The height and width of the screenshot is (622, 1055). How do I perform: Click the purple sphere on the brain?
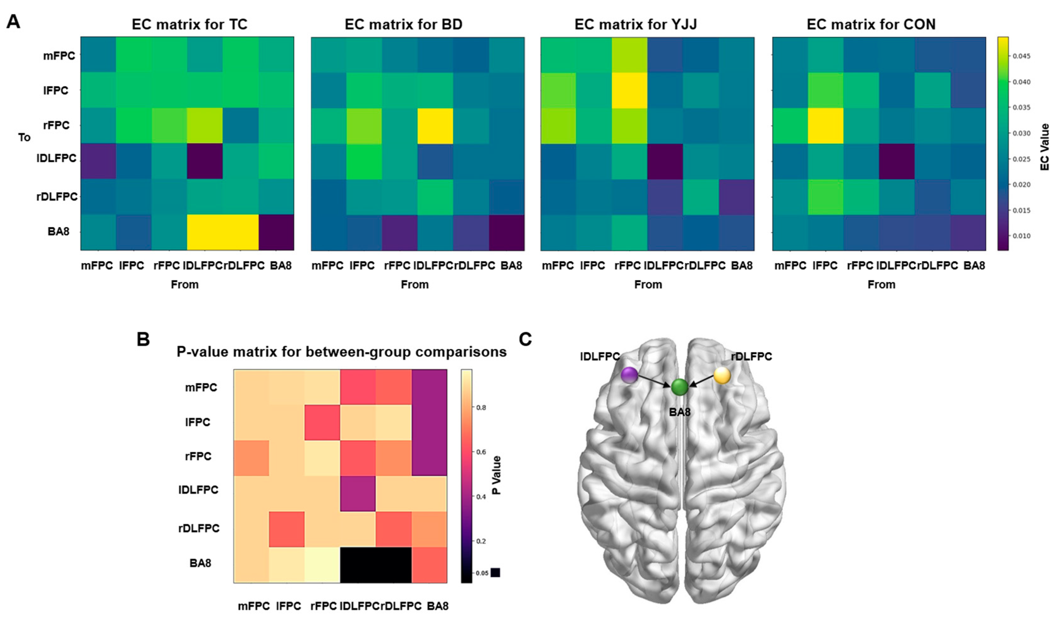[629, 375]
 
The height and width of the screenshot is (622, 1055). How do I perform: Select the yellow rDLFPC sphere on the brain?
[722, 375]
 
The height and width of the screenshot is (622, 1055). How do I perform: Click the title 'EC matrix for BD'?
[403, 24]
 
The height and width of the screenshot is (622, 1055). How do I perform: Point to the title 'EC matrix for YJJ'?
[635, 24]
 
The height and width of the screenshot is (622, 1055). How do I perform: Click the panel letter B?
[143, 339]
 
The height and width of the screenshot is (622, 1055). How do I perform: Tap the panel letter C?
[525, 339]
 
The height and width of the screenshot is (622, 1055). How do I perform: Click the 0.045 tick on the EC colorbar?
[1022, 56]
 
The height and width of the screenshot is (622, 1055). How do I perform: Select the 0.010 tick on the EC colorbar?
[1022, 236]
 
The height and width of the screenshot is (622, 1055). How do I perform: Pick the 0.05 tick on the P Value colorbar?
[482, 573]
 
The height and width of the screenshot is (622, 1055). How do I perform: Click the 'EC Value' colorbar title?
[1045, 147]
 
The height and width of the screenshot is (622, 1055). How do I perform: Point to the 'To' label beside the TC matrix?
[24, 137]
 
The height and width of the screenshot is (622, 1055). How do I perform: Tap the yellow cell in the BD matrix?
[435, 126]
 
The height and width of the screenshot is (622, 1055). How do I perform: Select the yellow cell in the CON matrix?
[825, 126]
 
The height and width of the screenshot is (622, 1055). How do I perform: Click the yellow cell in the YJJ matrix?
[629, 90]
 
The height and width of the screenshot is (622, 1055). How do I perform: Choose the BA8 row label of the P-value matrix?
[200, 563]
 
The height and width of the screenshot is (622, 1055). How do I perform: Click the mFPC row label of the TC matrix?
[59, 55]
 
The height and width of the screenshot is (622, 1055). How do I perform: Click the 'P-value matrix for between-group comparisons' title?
[341, 352]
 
